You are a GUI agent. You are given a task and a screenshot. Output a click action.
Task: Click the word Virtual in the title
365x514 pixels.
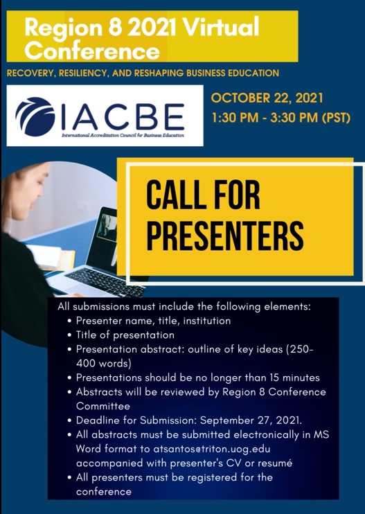click(x=222, y=27)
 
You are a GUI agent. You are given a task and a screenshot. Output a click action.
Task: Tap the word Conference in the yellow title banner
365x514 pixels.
click(x=92, y=51)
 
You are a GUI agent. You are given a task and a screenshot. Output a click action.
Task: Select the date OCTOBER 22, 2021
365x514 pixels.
click(x=267, y=98)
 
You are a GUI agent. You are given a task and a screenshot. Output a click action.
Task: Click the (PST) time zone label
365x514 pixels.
click(x=335, y=118)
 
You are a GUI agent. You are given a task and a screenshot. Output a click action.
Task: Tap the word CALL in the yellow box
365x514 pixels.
click(x=170, y=196)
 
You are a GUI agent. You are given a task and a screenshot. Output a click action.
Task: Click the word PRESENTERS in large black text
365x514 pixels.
click(x=225, y=236)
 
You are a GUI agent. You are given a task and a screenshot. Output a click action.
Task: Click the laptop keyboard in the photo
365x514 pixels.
click(x=105, y=281)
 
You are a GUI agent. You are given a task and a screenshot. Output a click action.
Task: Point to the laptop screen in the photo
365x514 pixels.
click(x=107, y=237)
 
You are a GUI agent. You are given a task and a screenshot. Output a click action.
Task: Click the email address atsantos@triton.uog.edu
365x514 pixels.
click(x=212, y=449)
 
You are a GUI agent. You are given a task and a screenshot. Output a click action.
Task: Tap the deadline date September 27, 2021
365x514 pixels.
click(x=251, y=420)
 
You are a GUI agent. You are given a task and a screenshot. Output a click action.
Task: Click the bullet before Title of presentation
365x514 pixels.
click(x=69, y=335)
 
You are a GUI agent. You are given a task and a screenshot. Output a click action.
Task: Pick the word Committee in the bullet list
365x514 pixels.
click(x=103, y=406)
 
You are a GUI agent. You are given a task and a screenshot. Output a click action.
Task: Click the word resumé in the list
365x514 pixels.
click(x=275, y=463)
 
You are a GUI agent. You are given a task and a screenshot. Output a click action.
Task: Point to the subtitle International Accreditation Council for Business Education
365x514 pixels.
click(x=123, y=135)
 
